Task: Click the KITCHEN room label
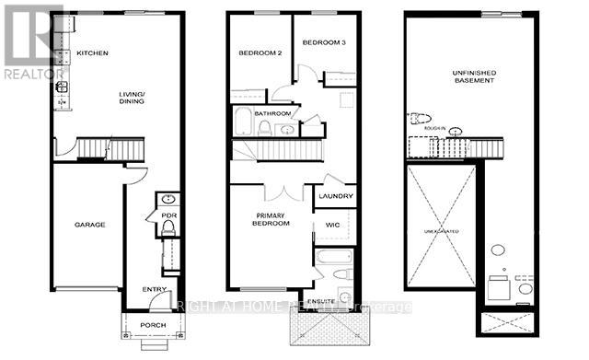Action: point(93,53)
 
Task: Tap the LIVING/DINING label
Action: point(135,100)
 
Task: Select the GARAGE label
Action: point(89,225)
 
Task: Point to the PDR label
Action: point(169,216)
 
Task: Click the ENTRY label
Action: point(154,290)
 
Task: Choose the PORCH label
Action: point(152,327)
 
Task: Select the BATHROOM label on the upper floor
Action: point(273,113)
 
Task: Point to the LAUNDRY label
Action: point(335,196)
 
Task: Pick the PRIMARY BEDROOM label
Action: point(272,220)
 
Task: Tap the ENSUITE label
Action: point(321,300)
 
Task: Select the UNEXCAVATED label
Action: point(443,230)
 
